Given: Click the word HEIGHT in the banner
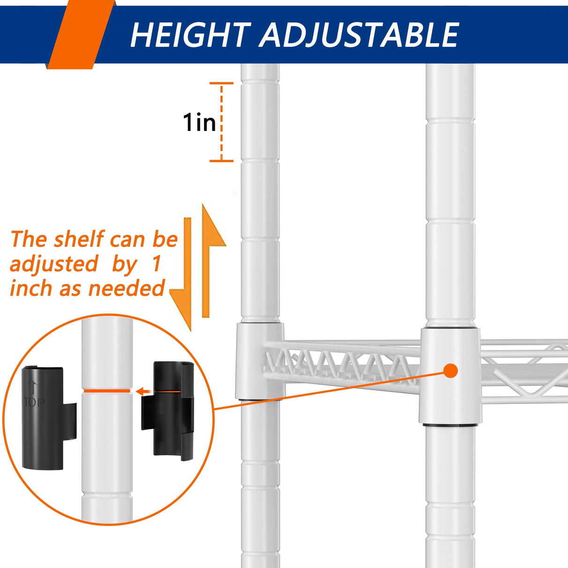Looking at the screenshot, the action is [190, 35].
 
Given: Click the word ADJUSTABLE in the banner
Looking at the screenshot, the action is [358, 35].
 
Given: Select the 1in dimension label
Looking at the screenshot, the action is [199, 122].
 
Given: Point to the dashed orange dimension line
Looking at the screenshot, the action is [221, 122].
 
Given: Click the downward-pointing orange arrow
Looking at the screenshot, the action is [183, 274].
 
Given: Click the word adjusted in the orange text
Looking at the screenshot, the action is [54, 264].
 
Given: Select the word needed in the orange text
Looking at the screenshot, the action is [126, 288].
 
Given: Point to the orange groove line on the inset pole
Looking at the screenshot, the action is [107, 391].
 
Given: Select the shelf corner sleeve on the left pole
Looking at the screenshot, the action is [260, 361].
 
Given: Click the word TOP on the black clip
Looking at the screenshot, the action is [34, 402].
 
